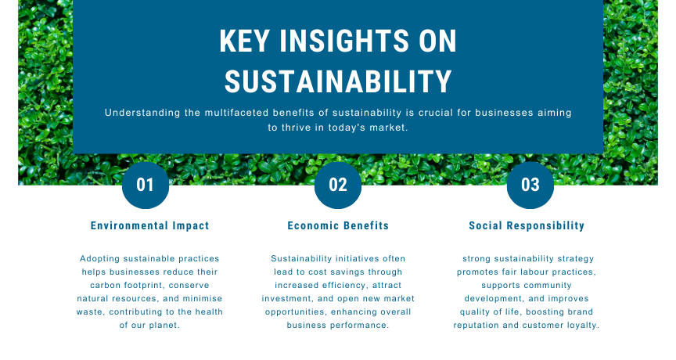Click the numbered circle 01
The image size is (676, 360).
coord(146,185)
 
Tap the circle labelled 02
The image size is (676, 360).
coord(338,185)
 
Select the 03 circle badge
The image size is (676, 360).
coord(530,185)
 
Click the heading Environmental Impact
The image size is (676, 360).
coord(149,226)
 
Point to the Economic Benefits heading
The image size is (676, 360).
coord(338,226)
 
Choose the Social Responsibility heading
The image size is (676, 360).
coord(527,226)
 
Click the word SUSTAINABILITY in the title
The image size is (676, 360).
coord(338,82)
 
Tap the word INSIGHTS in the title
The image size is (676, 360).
coord(344,41)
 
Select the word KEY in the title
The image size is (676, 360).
coord(245,41)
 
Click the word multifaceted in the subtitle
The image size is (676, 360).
coord(236,113)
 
